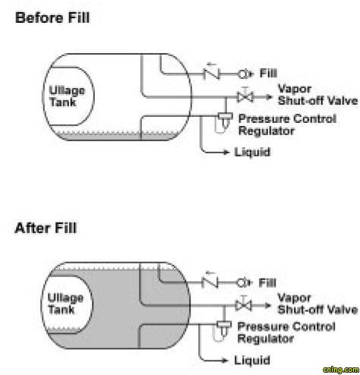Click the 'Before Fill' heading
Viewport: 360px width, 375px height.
52,17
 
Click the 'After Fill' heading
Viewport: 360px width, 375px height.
46,228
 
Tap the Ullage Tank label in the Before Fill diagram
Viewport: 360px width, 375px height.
67,96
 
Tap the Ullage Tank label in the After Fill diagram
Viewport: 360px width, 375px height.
65,304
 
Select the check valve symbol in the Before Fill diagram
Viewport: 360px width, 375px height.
211,74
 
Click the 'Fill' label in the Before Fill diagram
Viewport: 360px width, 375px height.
268,74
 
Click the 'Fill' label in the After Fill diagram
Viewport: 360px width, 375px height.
267,282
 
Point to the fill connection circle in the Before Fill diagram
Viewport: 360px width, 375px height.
243,74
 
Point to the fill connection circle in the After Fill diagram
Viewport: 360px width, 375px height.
242,282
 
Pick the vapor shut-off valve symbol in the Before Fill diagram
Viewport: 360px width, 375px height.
245,97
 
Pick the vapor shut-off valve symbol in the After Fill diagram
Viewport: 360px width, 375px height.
243,305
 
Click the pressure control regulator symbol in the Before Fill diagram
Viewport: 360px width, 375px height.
225,122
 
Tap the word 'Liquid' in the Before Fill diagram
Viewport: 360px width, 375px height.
252,152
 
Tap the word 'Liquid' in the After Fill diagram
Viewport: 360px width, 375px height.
252,361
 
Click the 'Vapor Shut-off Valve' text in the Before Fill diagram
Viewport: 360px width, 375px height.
317,95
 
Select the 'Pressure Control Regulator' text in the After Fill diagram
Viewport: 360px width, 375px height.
286,332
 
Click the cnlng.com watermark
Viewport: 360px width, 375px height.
341,370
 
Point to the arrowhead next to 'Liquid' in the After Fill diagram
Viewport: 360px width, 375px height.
225,361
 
